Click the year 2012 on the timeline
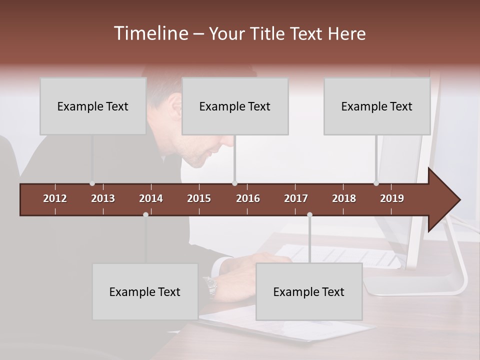coord(55,198)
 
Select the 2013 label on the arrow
coord(103,198)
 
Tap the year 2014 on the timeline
coord(151,198)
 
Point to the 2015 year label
coord(199,198)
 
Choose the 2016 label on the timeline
coord(248,198)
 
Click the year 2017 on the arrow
coord(296,198)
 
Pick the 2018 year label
coord(344,198)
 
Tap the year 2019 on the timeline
coord(392,198)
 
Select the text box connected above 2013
coord(93,106)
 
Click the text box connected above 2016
coord(235,106)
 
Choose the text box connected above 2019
coord(377,106)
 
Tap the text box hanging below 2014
coord(145,291)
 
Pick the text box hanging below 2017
coord(309,291)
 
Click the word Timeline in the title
coord(150,33)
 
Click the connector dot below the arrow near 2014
coord(145,214)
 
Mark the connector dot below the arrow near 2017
coord(309,214)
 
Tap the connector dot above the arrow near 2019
coord(376,183)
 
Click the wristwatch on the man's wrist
coord(210,285)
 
